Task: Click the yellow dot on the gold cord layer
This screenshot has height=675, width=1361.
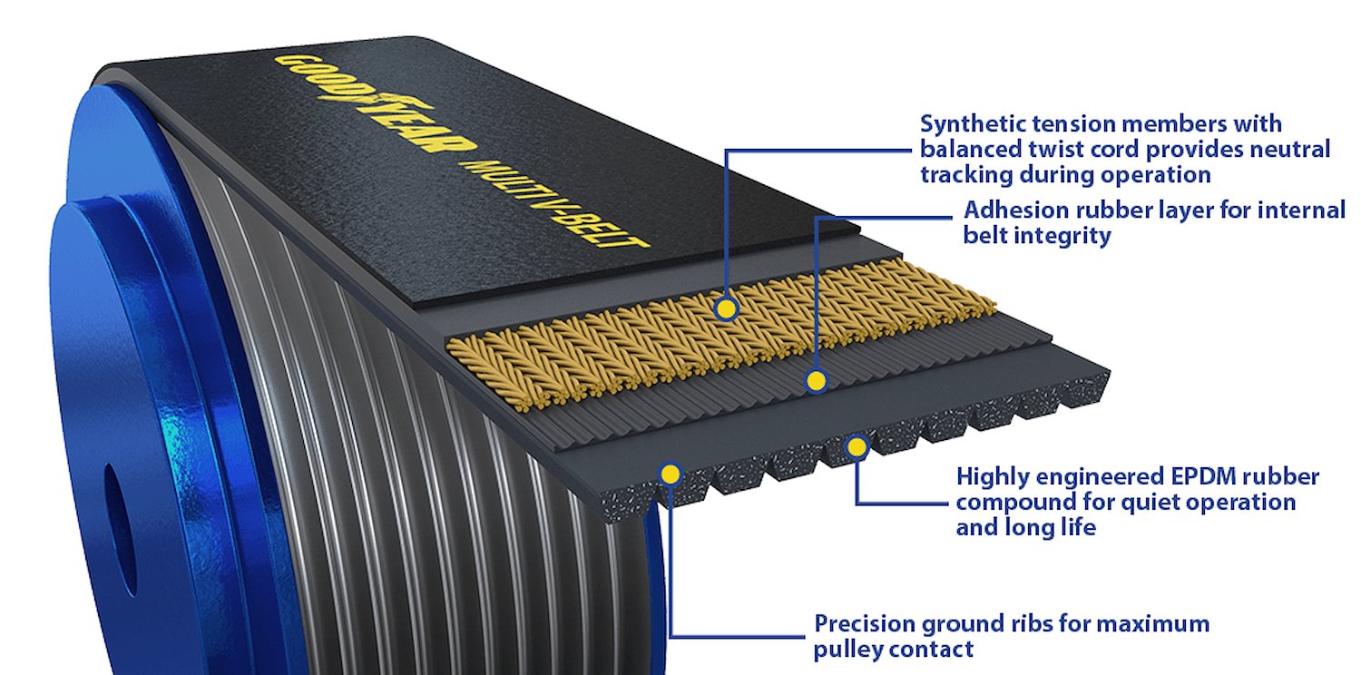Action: tap(726, 309)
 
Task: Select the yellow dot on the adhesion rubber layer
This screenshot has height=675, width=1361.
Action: tap(817, 381)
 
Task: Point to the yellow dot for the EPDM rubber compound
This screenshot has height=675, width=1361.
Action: tap(857, 448)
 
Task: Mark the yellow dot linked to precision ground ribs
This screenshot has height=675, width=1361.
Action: tap(671, 474)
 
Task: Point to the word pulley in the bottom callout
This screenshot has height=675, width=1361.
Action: tap(847, 651)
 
